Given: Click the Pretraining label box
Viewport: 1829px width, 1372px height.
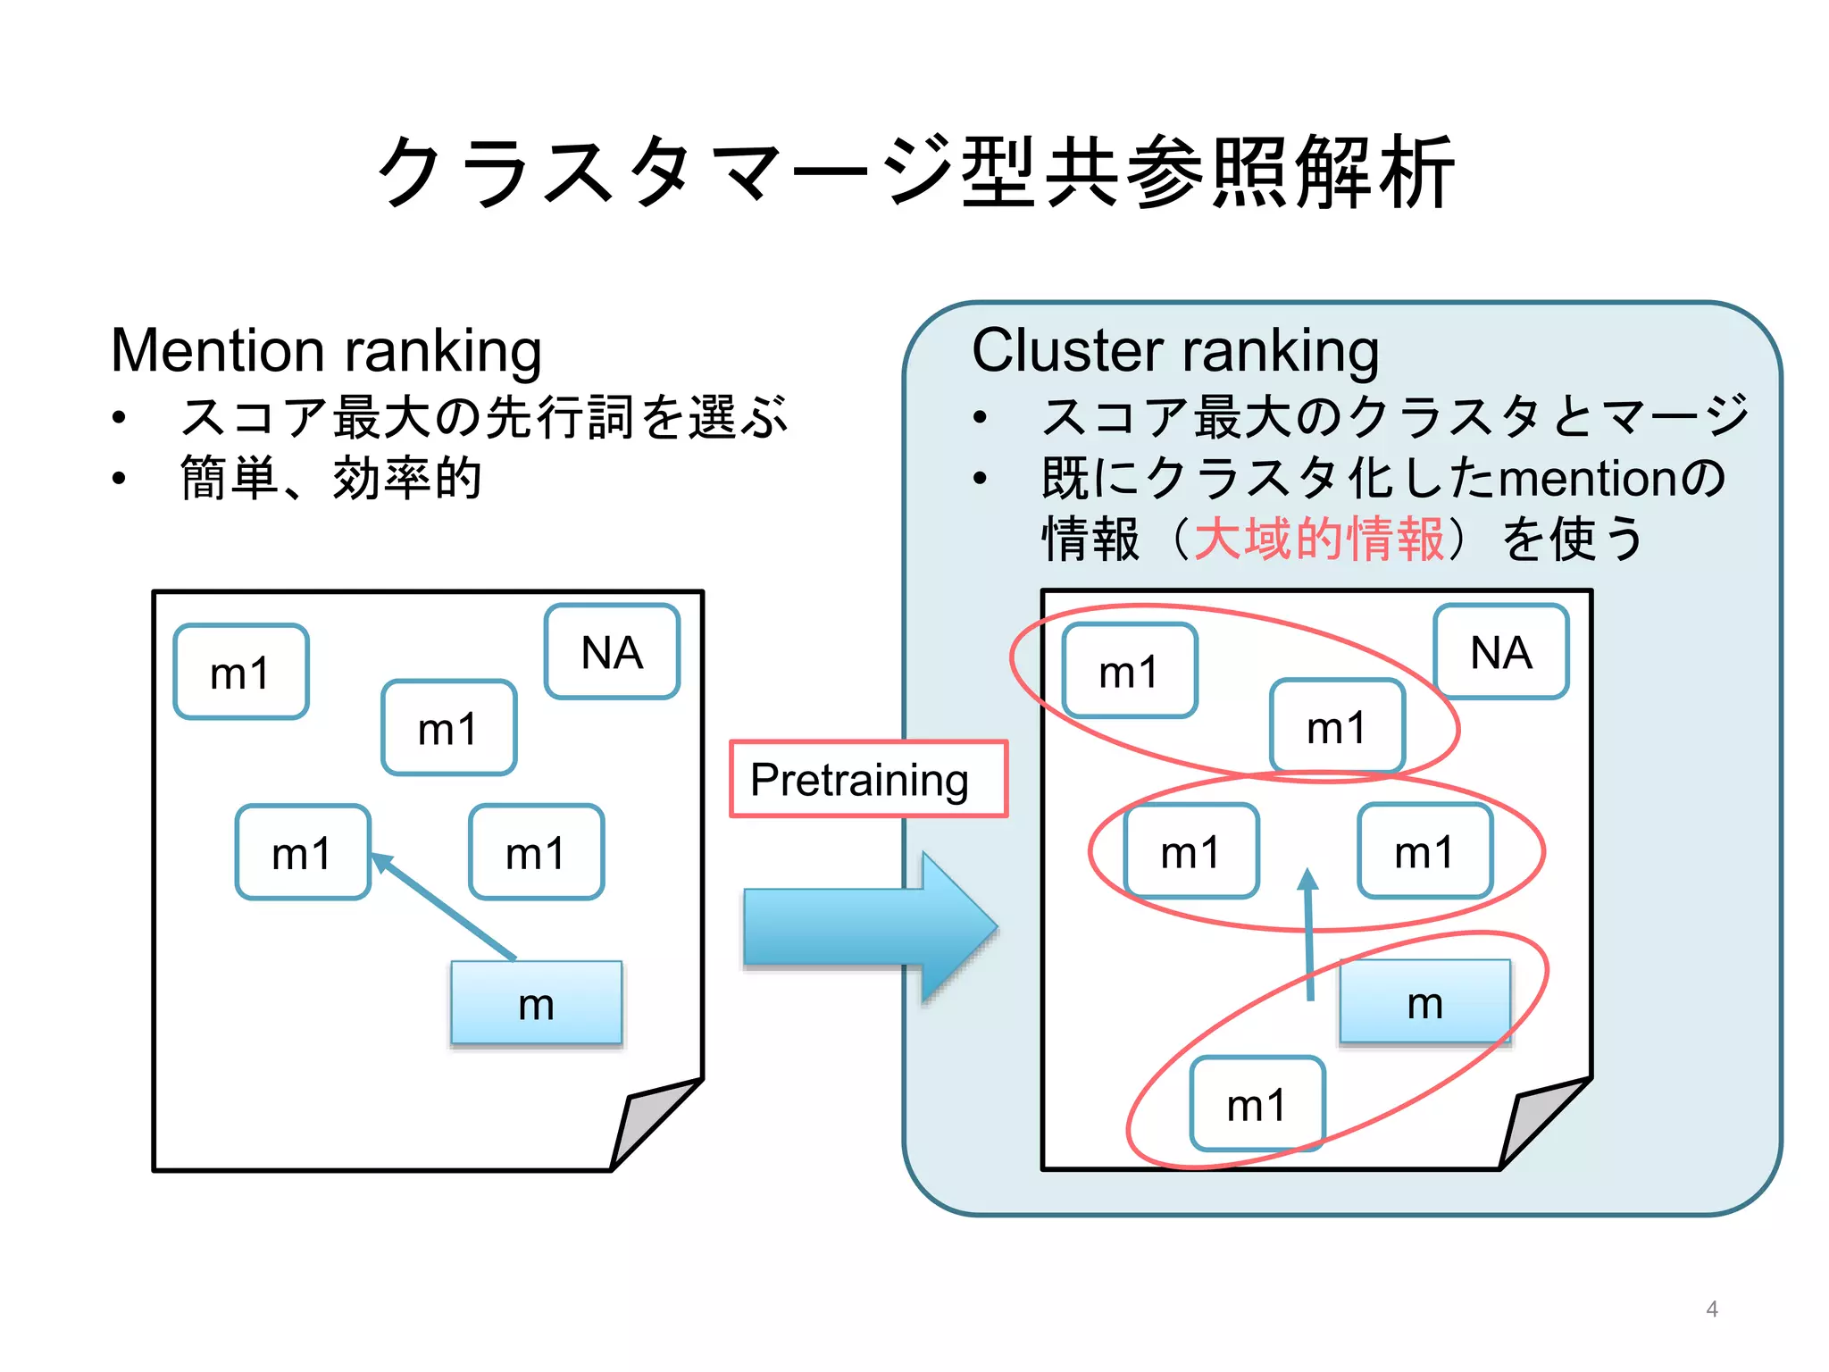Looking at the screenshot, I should click(867, 779).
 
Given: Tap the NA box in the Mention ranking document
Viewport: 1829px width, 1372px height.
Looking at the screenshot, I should click(612, 652).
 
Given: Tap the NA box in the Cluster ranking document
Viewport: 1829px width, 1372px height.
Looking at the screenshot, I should click(1500, 652).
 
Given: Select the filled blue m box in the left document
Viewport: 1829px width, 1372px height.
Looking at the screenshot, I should click(536, 1003).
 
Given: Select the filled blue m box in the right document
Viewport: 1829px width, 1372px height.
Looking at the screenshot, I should click(1424, 1002).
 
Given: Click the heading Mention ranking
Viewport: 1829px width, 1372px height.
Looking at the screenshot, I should click(326, 350).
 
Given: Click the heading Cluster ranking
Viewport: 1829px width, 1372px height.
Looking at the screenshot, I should click(1174, 350).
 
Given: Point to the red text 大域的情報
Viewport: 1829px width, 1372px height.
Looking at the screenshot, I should click(1319, 539).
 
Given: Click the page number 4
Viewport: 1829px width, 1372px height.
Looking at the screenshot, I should click(1711, 1309).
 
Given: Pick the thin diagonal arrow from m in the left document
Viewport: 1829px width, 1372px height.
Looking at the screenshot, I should click(444, 907).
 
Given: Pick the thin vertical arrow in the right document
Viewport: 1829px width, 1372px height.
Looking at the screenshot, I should click(1309, 933).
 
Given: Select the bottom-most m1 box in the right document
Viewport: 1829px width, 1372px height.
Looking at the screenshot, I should click(1257, 1105).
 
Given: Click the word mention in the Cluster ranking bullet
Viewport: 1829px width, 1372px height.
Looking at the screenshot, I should click(1588, 478).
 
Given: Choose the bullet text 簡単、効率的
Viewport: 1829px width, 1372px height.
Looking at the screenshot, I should click(330, 478).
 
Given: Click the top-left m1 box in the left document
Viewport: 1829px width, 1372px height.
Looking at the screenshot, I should click(240, 672).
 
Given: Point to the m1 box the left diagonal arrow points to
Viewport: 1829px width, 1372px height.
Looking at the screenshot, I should click(303, 852).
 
